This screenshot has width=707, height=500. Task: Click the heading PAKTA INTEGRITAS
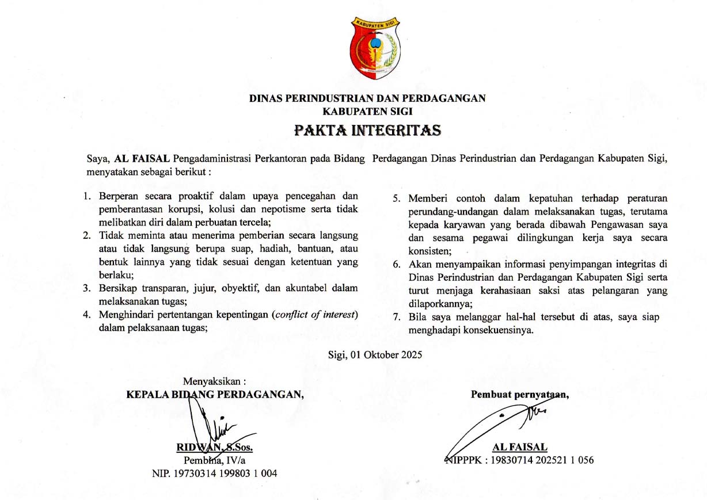(x=367, y=131)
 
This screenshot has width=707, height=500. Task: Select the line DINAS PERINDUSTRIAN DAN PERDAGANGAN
(x=367, y=98)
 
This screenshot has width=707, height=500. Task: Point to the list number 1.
(x=87, y=196)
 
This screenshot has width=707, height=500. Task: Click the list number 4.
(x=87, y=314)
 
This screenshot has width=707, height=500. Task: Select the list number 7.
(x=396, y=317)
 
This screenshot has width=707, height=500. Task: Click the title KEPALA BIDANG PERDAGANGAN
(x=215, y=394)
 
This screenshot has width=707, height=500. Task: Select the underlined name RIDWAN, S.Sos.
(x=215, y=448)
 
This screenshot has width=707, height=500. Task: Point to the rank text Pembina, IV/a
(x=214, y=460)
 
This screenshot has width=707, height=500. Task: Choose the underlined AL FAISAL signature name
(x=520, y=447)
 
